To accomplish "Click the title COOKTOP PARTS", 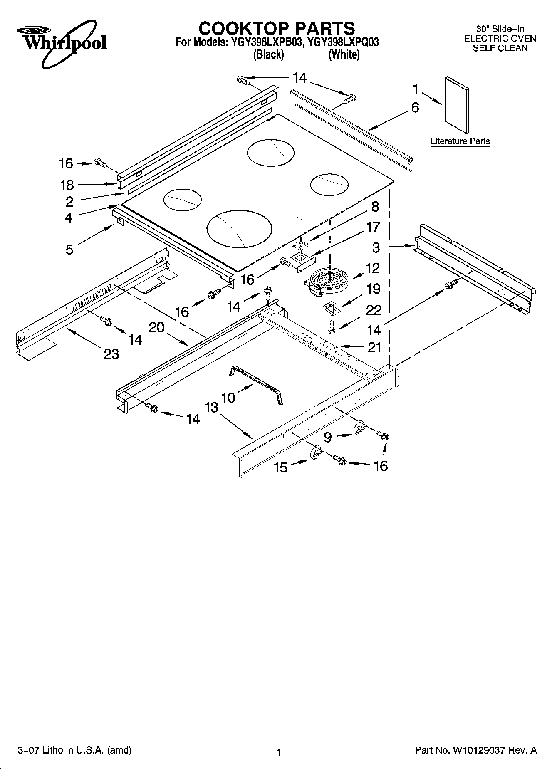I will coord(277,28).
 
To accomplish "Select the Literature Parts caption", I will coord(460,141).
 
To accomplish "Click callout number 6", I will coord(415,108).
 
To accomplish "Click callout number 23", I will coord(111,354).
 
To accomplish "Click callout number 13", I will coord(211,407).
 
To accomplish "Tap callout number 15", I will coord(280,467).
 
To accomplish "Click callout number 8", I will coord(375,207).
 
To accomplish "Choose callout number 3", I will coord(376,248).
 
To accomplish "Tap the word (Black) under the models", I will coord(269,54).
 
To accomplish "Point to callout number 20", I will coord(156,328).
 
